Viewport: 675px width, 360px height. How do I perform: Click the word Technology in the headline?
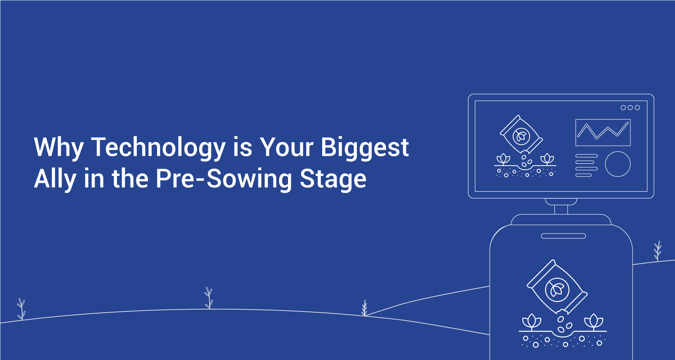point(158,148)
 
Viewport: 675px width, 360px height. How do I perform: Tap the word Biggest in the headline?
point(364,148)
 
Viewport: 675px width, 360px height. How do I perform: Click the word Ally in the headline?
point(55,179)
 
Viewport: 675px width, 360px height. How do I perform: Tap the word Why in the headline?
point(59,148)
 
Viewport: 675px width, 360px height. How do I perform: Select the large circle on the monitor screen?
point(605,164)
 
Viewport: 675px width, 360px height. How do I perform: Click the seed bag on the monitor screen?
point(521,134)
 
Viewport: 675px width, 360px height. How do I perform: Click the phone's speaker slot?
point(563,236)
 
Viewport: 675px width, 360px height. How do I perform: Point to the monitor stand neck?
point(561,209)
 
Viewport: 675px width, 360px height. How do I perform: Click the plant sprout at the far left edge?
point(21,309)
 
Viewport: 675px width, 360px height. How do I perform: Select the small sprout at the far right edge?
point(657,251)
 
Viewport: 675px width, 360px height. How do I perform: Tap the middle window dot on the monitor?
point(630,108)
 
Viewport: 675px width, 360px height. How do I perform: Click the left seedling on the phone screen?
point(531,322)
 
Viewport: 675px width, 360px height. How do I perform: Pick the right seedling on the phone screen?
point(594,322)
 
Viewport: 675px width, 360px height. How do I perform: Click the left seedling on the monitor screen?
point(503,159)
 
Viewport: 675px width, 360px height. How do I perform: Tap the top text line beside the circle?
point(586,156)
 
